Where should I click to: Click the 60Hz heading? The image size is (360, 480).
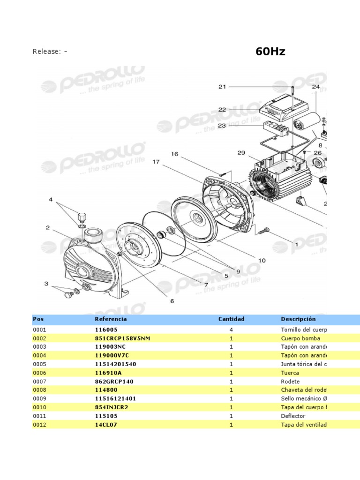click(270, 52)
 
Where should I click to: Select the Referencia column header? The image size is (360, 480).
click(111, 319)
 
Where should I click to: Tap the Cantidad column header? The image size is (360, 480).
click(231, 319)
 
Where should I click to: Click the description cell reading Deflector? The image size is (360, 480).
click(293, 416)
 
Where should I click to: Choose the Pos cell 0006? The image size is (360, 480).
click(39, 373)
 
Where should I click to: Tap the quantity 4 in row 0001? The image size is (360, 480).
click(231, 330)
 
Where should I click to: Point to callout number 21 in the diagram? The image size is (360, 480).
click(222, 87)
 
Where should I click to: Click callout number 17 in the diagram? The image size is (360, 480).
click(156, 162)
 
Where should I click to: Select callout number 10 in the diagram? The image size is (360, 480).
click(262, 260)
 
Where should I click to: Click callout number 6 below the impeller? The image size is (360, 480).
click(172, 301)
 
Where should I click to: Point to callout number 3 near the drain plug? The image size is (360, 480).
click(46, 284)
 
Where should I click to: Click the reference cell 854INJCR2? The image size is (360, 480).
click(112, 407)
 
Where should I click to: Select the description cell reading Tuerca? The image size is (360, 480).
click(290, 373)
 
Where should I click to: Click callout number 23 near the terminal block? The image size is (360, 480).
click(222, 126)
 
